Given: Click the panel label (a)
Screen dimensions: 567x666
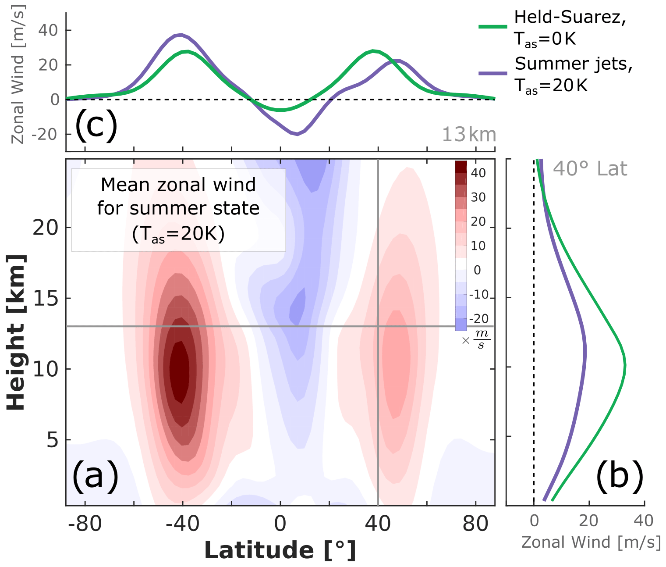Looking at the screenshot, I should (x=95, y=476).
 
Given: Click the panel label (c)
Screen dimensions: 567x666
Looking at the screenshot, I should (x=96, y=125).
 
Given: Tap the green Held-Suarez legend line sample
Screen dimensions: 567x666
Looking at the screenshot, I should (x=492, y=27).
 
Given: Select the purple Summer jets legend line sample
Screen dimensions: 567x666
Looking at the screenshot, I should (x=492, y=73).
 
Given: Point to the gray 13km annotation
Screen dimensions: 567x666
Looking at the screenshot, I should (x=468, y=135).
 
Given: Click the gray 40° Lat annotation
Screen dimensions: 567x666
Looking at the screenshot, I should (x=590, y=169).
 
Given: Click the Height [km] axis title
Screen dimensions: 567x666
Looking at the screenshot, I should (x=16, y=332).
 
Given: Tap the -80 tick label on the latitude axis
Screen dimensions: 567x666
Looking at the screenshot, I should (x=85, y=524).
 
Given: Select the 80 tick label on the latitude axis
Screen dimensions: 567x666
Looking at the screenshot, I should (x=475, y=524).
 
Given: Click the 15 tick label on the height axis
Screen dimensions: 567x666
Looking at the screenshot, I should (x=46, y=299).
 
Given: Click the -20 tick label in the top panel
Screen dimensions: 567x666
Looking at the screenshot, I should (x=45, y=134).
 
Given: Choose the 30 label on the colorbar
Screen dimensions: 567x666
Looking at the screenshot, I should (x=478, y=197).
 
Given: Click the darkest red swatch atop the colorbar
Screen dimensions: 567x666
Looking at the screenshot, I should (x=461, y=167).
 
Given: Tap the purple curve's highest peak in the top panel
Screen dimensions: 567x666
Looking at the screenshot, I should (x=181, y=35).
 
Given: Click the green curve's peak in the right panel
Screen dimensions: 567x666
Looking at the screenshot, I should (x=625, y=365).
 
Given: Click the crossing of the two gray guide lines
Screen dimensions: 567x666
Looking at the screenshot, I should (x=378, y=326).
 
